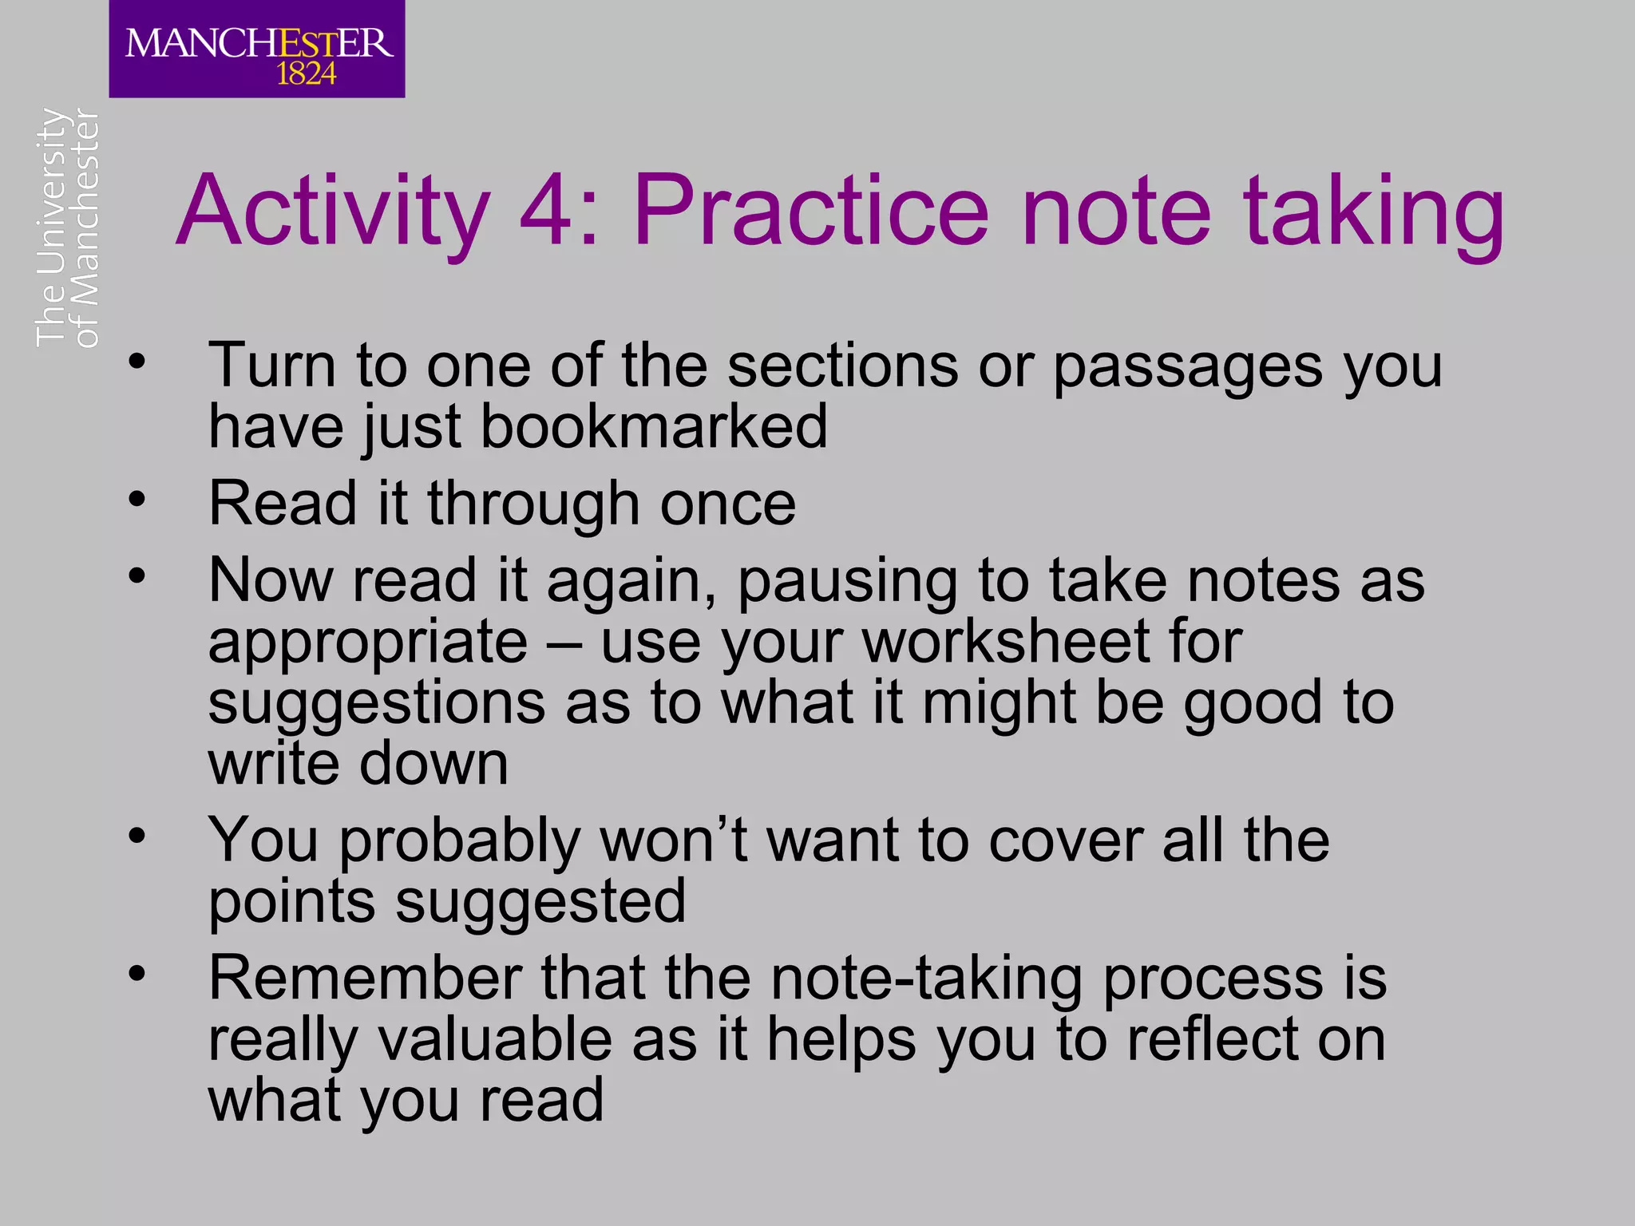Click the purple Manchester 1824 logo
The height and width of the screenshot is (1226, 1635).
pyautogui.click(x=256, y=49)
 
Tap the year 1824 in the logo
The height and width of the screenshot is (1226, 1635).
pyautogui.click(x=306, y=75)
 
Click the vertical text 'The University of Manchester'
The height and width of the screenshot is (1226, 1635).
pyautogui.click(x=68, y=227)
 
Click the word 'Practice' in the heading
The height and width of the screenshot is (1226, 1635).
pyautogui.click(x=810, y=212)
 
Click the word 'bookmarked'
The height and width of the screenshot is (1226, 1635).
pyautogui.click(x=654, y=426)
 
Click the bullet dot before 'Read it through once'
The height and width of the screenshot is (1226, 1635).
pyautogui.click(x=137, y=500)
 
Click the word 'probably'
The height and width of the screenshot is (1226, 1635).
pyautogui.click(x=459, y=843)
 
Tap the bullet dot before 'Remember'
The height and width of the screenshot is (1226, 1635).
pyautogui.click(x=137, y=974)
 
